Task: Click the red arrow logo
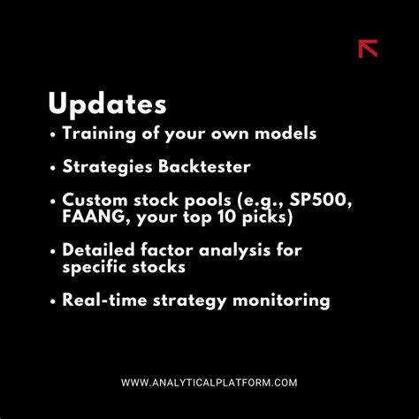coord(368,49)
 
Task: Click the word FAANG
coord(92,217)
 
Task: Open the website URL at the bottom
coord(209,382)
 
